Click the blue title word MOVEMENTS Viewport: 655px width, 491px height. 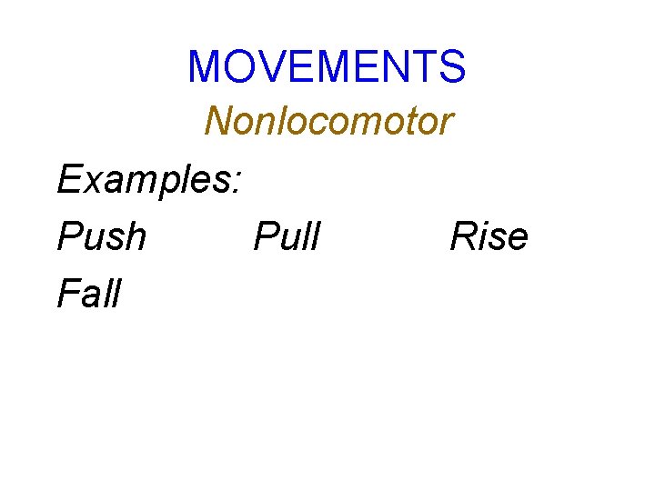click(x=327, y=66)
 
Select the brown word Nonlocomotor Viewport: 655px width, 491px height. click(x=327, y=120)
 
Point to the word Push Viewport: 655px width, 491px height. click(x=101, y=236)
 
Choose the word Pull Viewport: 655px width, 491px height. click(x=287, y=236)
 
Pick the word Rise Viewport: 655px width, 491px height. click(x=489, y=236)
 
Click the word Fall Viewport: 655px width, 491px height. click(x=88, y=293)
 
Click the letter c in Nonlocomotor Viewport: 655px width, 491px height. click(x=313, y=125)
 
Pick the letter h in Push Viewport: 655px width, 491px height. click(x=134, y=236)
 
